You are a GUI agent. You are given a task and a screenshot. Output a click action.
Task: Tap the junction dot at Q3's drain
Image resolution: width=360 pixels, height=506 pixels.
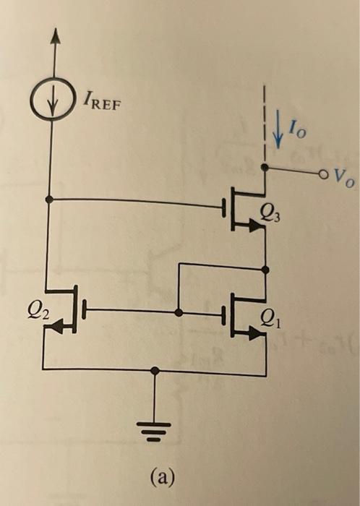pyautogui.click(x=266, y=167)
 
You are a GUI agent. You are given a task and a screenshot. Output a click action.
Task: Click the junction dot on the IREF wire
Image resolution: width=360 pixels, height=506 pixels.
pyautogui.click(x=49, y=198)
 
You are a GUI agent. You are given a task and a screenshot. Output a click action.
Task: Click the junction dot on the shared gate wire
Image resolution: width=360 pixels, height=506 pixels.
pyautogui.click(x=178, y=312)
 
